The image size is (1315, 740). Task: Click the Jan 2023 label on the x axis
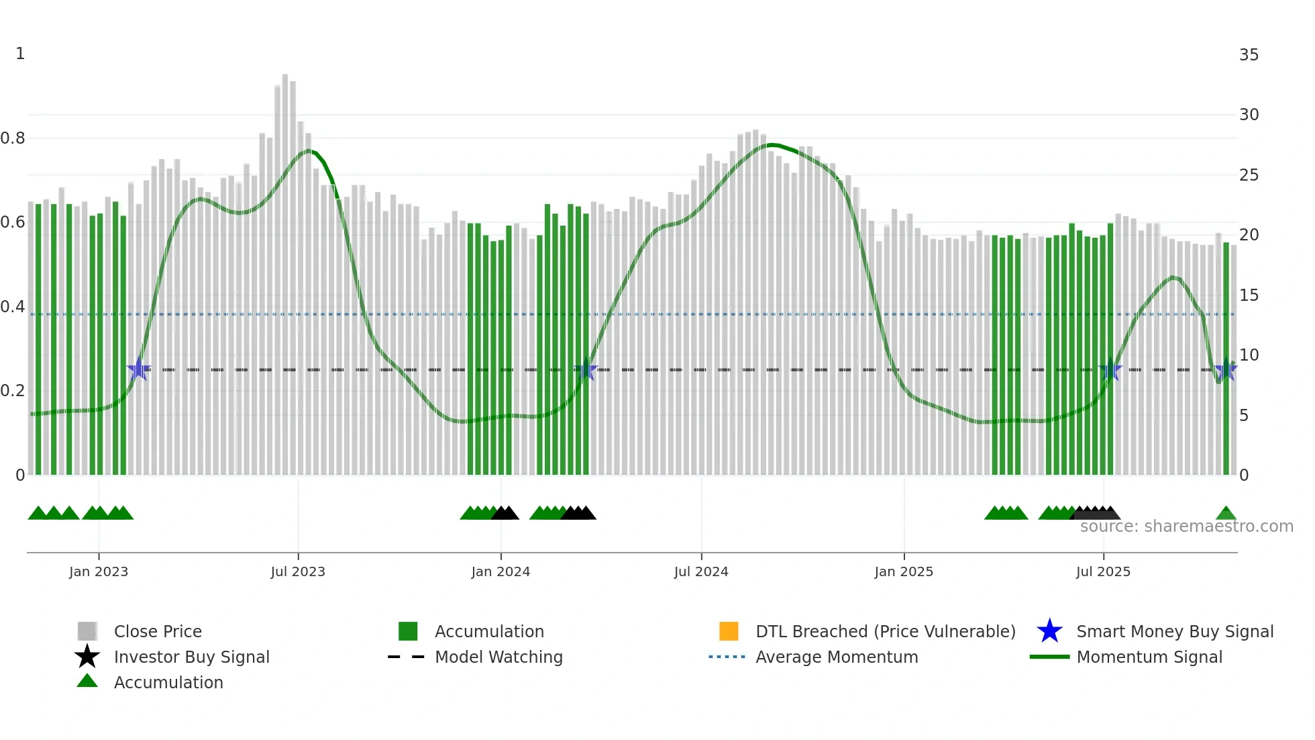point(99,571)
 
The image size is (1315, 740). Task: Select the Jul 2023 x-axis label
point(298,571)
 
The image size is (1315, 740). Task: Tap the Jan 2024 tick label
point(501,571)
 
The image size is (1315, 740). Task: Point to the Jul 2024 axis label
point(701,571)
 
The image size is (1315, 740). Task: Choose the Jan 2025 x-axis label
point(904,571)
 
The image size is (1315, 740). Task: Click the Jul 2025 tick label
point(1103,571)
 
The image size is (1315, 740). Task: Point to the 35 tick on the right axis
point(1249,55)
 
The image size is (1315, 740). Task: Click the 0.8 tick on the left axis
point(13,138)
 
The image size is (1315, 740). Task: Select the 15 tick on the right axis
point(1249,295)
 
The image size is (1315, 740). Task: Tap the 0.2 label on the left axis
point(13,391)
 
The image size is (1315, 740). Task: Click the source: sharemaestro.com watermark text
point(1186,526)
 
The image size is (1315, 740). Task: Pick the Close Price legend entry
point(158,631)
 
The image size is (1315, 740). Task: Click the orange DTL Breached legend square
point(729,631)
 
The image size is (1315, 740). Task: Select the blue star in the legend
point(1049,631)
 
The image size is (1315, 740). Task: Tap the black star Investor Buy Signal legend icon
point(87,657)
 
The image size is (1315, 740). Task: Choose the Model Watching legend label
point(498,657)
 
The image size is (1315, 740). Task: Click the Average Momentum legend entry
point(837,657)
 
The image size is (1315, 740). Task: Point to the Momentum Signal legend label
point(1149,657)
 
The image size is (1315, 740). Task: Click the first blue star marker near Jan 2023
point(139,369)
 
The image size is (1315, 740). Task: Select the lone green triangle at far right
point(1226,514)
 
